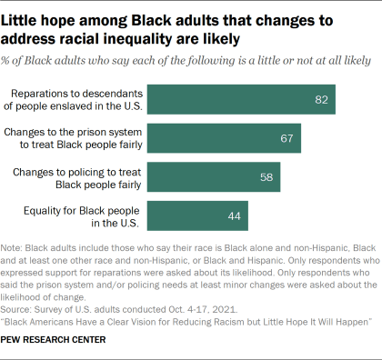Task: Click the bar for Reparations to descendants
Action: click(x=241, y=98)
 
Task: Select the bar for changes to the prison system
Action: click(x=224, y=137)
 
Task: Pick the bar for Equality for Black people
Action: click(x=196, y=216)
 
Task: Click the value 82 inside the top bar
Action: click(x=320, y=98)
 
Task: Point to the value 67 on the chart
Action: click(x=286, y=137)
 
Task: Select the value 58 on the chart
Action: click(x=266, y=177)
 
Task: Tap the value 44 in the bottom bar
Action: click(x=233, y=216)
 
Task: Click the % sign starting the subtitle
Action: click(x=12, y=60)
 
